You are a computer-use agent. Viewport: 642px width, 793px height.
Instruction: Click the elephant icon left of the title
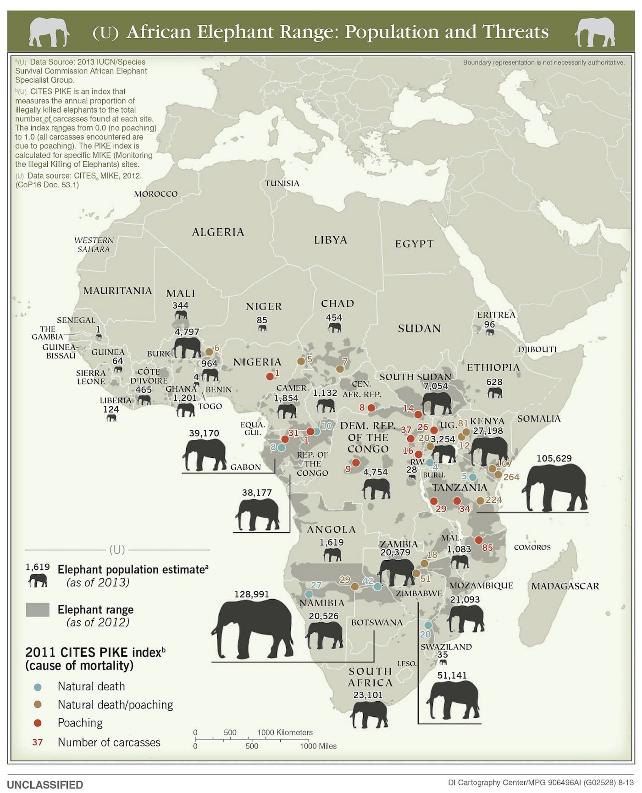[x=49, y=32]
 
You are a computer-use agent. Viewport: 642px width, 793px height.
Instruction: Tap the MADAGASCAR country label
[x=565, y=586]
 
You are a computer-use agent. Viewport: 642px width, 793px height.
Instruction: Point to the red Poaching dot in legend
[x=38, y=723]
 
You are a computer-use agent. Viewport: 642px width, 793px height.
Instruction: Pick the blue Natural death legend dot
[x=38, y=687]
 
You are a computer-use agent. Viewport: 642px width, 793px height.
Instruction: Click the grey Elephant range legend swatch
[x=38, y=610]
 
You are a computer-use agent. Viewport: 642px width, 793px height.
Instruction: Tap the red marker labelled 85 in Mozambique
[x=478, y=540]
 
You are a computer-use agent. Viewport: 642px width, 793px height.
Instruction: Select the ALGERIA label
[x=218, y=232]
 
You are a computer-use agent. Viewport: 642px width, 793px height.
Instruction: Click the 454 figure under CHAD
[x=334, y=318]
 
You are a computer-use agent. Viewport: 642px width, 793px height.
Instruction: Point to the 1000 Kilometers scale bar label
[x=285, y=732]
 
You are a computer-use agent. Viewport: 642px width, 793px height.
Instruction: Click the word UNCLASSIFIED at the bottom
[x=45, y=785]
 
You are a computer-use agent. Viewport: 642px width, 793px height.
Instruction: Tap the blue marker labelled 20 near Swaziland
[x=428, y=625]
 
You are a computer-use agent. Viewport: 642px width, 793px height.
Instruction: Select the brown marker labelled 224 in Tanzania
[x=480, y=501]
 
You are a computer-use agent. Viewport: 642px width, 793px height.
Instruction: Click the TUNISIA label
[x=282, y=183]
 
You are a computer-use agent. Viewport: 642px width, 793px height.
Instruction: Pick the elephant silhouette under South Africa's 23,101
[x=369, y=714]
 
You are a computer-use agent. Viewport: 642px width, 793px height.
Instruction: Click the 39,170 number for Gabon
[x=204, y=433]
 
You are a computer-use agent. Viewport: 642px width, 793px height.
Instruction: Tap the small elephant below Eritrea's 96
[x=490, y=332]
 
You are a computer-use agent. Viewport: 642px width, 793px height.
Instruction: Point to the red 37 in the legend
[x=38, y=742]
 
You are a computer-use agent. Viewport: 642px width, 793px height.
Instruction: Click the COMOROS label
[x=532, y=547]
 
